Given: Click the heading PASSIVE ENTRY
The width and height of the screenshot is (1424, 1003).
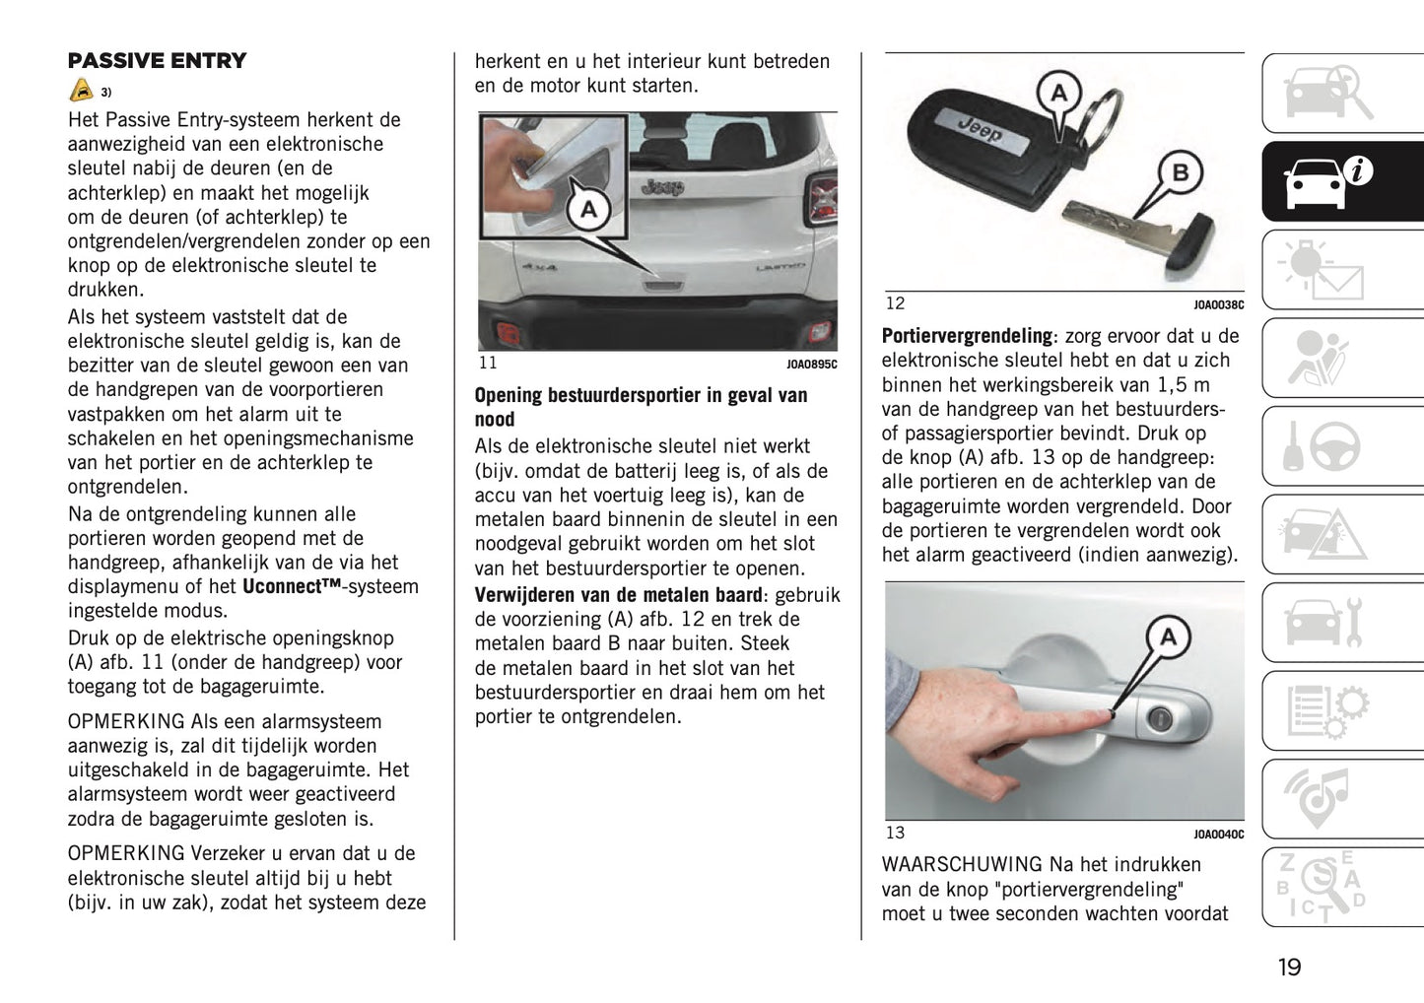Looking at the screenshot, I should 157,60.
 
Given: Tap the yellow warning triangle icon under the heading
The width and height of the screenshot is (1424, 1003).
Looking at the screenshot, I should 82,91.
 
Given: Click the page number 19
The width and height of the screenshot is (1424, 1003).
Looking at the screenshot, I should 1289,967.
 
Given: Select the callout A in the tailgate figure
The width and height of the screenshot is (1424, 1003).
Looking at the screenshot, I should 588,209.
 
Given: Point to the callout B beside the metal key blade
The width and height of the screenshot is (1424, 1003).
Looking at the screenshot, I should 1179,173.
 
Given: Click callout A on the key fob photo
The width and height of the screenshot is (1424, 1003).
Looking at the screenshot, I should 1058,94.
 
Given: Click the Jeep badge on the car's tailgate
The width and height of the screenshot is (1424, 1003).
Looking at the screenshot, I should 662,186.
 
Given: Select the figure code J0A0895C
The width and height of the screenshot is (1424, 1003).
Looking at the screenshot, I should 811,365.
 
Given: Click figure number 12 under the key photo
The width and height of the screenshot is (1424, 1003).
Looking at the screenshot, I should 895,303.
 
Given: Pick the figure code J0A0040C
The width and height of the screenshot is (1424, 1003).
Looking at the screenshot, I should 1218,835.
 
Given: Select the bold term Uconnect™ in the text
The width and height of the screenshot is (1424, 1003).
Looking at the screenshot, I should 291,586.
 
